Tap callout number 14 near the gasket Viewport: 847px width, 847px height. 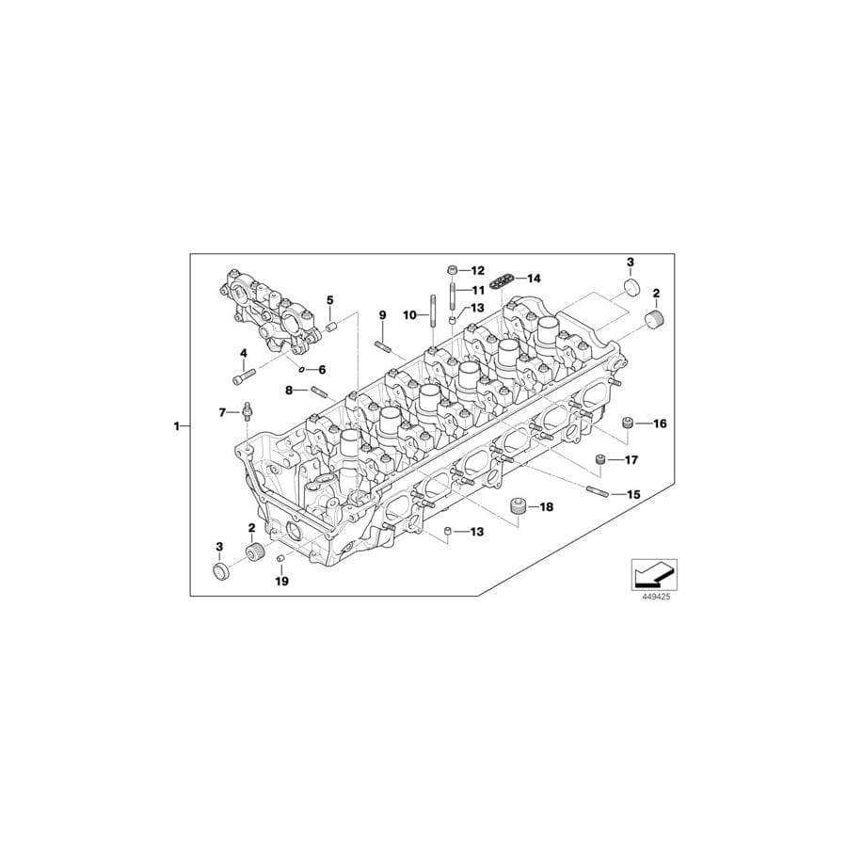pos(534,279)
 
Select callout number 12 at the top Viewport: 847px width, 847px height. pos(477,270)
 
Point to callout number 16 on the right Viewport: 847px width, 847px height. pos(659,424)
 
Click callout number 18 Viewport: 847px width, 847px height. pos(546,507)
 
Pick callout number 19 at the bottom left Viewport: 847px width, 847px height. pos(281,582)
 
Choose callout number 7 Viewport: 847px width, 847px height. pos(223,412)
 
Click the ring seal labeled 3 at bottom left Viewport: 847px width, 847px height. pos(222,571)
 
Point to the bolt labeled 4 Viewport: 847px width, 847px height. pos(239,378)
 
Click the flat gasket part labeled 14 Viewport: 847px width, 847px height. pos(508,279)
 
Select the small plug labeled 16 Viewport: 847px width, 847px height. pos(626,424)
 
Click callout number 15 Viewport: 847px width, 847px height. pos(632,494)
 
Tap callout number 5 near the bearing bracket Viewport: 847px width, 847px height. pos(330,300)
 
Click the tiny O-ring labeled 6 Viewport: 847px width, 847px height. pos(303,370)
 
